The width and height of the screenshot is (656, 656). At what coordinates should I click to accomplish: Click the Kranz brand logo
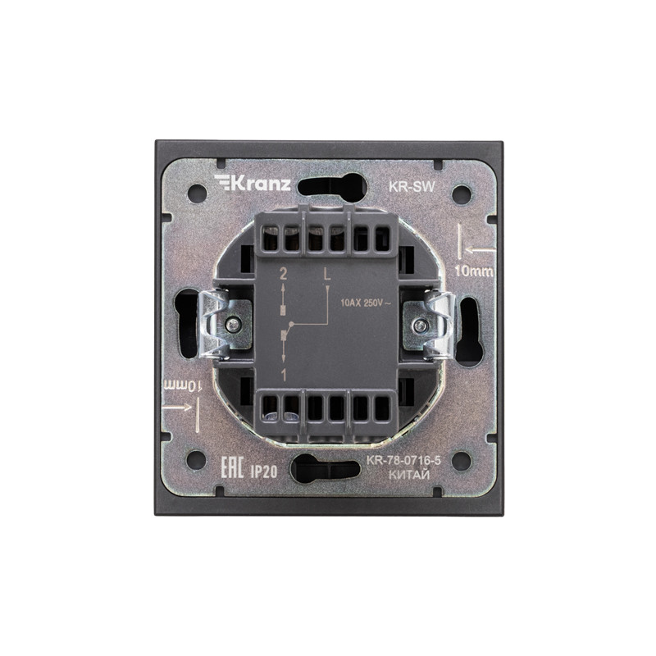tap(253, 183)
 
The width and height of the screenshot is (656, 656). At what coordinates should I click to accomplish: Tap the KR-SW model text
tap(412, 187)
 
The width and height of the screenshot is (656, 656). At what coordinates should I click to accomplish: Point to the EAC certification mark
tap(232, 467)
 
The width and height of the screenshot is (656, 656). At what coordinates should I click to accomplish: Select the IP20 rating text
tap(263, 471)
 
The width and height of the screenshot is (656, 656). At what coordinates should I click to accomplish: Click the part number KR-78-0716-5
tap(403, 461)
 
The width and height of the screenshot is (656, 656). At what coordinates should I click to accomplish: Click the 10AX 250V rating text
tap(366, 303)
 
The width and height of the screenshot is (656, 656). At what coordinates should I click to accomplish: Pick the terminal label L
tap(327, 275)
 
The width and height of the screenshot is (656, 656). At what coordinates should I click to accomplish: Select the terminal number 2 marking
tap(283, 275)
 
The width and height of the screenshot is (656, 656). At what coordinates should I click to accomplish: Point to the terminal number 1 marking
tap(284, 376)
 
